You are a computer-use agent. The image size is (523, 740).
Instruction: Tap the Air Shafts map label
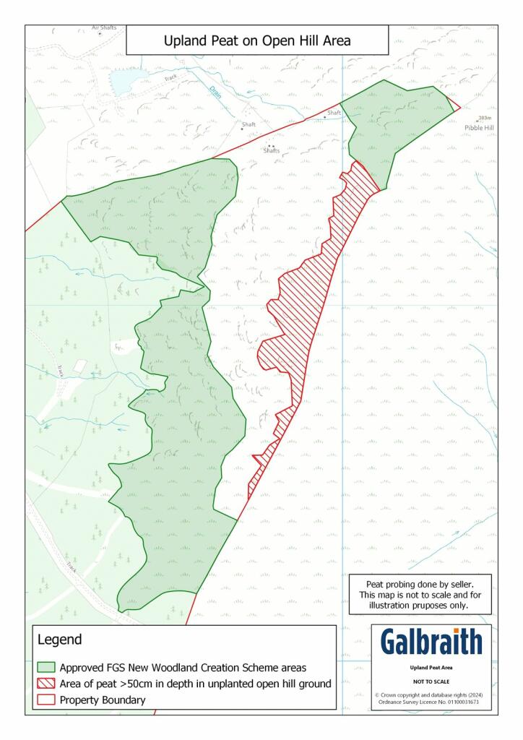pyautogui.click(x=104, y=28)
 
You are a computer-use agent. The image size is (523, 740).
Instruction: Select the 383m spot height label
pyautogui.click(x=485, y=118)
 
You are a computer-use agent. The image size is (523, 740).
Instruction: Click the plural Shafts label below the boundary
pyautogui.click(x=272, y=150)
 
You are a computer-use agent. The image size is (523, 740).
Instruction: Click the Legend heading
pyautogui.click(x=59, y=640)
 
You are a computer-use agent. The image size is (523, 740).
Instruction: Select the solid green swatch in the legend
pyautogui.click(x=46, y=667)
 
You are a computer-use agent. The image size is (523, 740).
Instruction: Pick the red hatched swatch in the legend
pyautogui.click(x=46, y=684)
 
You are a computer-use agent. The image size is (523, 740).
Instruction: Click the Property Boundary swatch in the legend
pyautogui.click(x=46, y=700)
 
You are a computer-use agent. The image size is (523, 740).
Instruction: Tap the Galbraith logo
pyautogui.click(x=431, y=642)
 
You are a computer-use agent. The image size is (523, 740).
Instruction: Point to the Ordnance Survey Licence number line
pyautogui.click(x=432, y=702)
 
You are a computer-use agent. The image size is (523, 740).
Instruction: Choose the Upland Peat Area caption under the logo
pyautogui.click(x=431, y=668)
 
